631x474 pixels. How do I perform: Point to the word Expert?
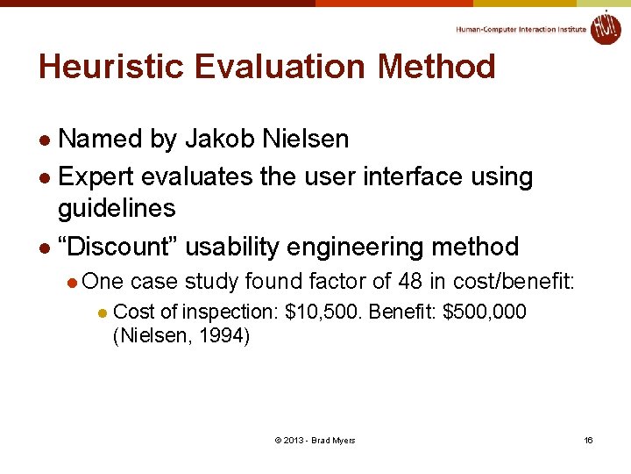tap(95, 176)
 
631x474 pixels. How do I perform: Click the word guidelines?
tap(117, 209)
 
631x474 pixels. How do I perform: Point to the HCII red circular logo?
tap(605, 27)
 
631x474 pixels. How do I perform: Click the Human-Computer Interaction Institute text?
tap(521, 29)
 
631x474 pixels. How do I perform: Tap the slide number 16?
tap(588, 440)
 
